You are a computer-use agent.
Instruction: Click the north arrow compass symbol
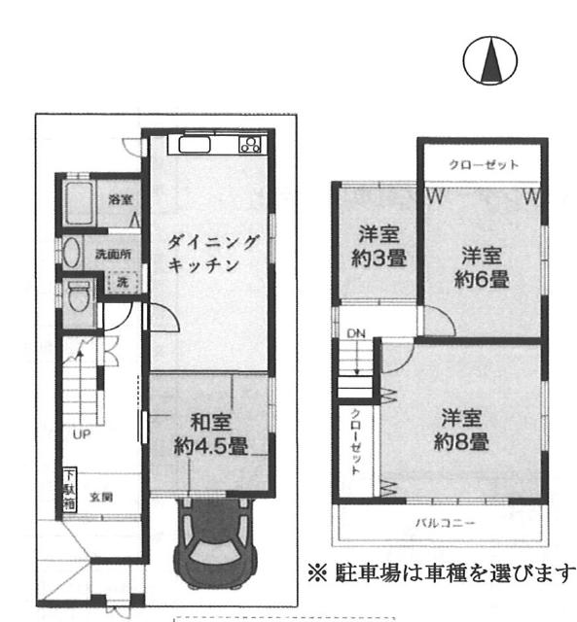(x=490, y=60)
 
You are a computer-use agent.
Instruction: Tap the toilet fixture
(x=79, y=295)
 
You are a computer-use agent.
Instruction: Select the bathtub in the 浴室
(x=79, y=203)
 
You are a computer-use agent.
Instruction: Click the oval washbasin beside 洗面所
(x=71, y=253)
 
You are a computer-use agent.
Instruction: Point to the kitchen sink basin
(x=195, y=145)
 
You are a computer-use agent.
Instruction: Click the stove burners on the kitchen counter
(x=250, y=145)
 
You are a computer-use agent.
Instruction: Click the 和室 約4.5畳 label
(x=211, y=434)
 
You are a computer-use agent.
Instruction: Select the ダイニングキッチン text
(x=212, y=254)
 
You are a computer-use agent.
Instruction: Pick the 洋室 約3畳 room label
(x=379, y=246)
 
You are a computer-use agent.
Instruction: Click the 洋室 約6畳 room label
(x=482, y=267)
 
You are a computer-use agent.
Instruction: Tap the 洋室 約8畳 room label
(x=461, y=430)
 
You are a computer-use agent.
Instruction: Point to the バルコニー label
(x=445, y=523)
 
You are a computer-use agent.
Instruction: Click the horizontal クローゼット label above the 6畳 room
(x=484, y=164)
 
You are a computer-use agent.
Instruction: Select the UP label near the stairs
(x=82, y=434)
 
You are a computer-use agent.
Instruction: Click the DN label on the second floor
(x=356, y=333)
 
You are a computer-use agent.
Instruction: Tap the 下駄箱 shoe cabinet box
(x=69, y=491)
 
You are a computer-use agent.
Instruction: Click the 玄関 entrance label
(x=101, y=497)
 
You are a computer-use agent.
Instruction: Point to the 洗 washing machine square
(x=123, y=283)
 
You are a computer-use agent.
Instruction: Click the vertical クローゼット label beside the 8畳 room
(x=355, y=441)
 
